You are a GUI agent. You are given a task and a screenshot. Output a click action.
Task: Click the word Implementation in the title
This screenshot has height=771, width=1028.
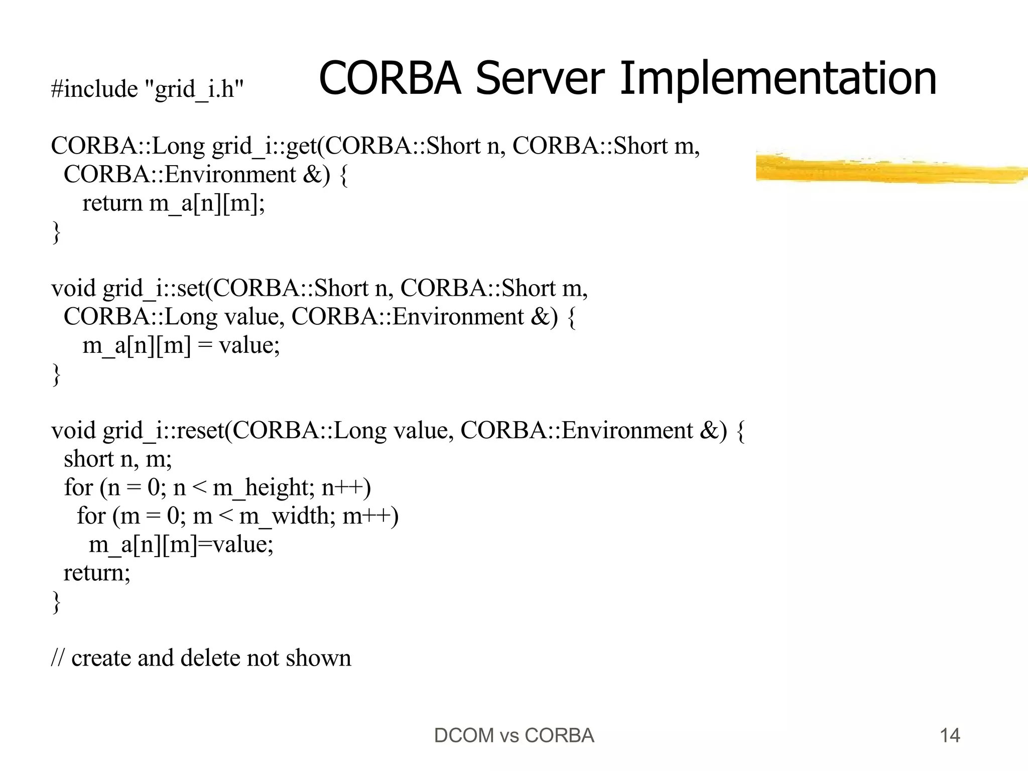coord(778,79)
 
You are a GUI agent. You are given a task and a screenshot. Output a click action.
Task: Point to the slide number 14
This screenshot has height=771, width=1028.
coord(950,736)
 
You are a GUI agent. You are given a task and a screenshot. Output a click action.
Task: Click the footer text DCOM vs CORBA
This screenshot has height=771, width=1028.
coord(514,736)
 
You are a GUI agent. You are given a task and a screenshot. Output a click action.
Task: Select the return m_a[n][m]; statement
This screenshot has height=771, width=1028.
coord(173,204)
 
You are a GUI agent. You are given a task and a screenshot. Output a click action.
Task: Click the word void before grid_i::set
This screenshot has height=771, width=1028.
coord(74,289)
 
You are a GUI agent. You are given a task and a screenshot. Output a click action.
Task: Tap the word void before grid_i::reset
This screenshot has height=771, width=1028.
coord(74,431)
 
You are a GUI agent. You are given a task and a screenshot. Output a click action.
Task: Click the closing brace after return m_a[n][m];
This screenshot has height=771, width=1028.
coord(56,233)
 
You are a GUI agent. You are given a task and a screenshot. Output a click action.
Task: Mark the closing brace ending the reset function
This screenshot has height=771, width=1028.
coord(56,602)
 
